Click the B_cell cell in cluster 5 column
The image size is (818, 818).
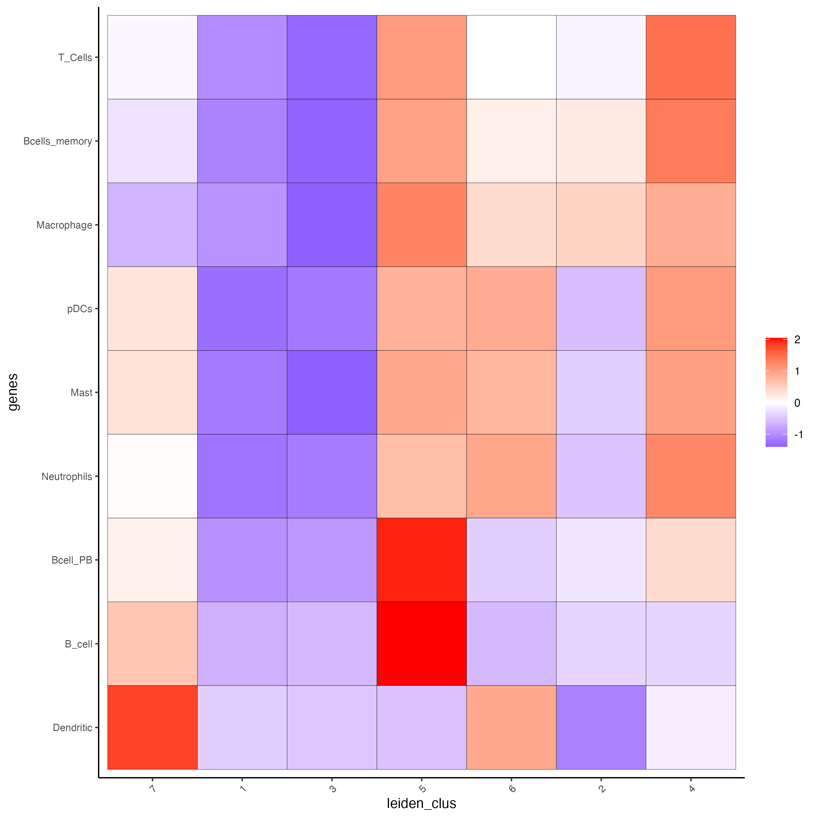coord(421,643)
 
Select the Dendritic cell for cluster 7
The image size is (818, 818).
coord(152,727)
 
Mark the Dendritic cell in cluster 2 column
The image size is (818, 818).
coord(601,727)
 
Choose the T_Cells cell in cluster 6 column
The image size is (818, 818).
coord(511,57)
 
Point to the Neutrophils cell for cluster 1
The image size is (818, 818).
coord(242,476)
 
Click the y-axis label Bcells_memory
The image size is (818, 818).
coord(58,141)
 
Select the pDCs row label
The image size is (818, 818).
coord(80,309)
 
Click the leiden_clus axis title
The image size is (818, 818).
coord(421,803)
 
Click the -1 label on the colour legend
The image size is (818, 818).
coord(798,434)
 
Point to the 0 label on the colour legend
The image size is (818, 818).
coord(797,403)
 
